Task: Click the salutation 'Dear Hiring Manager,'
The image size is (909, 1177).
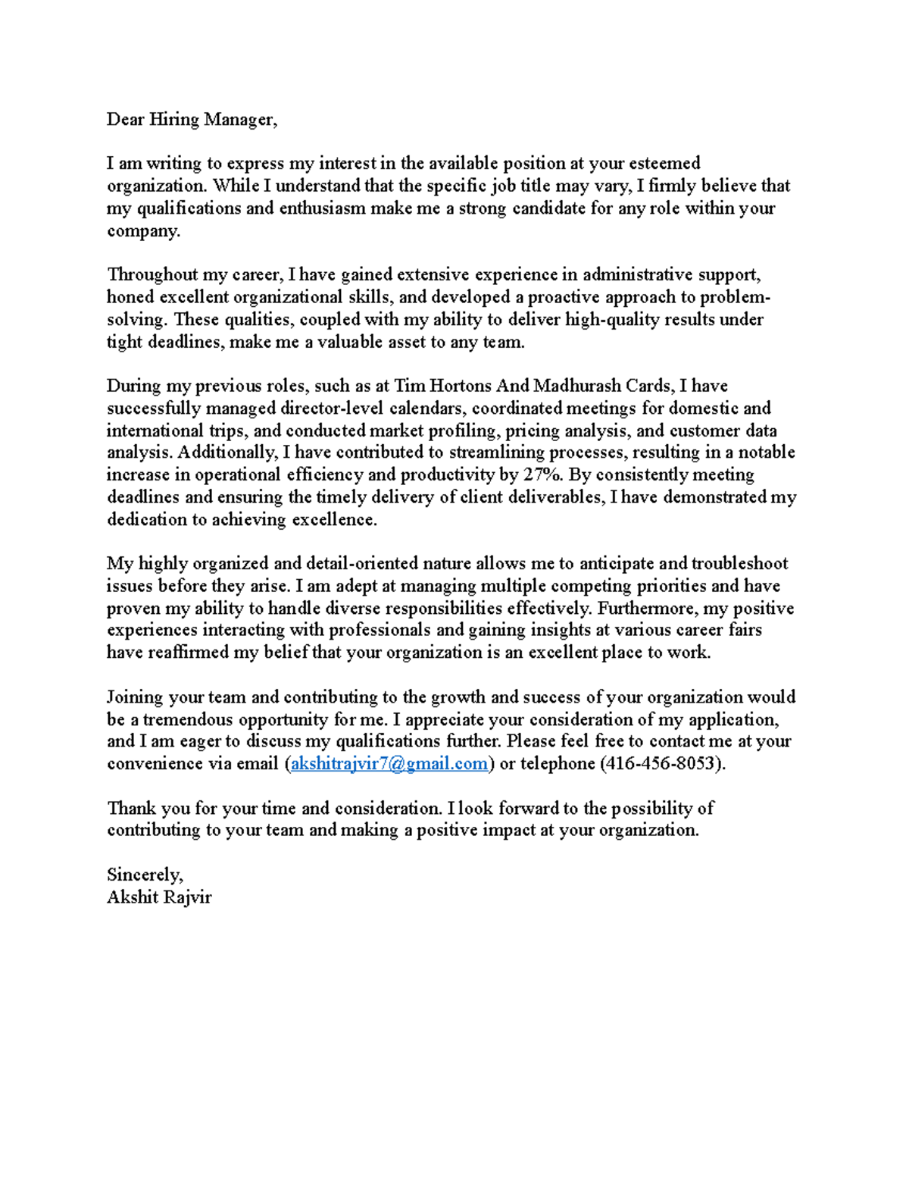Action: pyautogui.click(x=192, y=120)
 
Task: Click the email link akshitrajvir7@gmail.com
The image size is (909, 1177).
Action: pyautogui.click(x=389, y=764)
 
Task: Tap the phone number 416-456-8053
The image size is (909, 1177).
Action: pyautogui.click(x=659, y=764)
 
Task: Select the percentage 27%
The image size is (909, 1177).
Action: pyautogui.click(x=542, y=475)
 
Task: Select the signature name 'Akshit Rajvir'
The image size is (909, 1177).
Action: pyautogui.click(x=159, y=897)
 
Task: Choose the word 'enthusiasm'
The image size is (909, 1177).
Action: pyautogui.click(x=322, y=208)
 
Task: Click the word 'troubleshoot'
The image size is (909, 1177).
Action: pyautogui.click(x=739, y=564)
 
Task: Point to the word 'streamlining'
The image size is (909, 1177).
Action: pyautogui.click(x=496, y=452)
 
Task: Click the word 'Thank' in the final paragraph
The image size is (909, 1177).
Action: pyautogui.click(x=131, y=808)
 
